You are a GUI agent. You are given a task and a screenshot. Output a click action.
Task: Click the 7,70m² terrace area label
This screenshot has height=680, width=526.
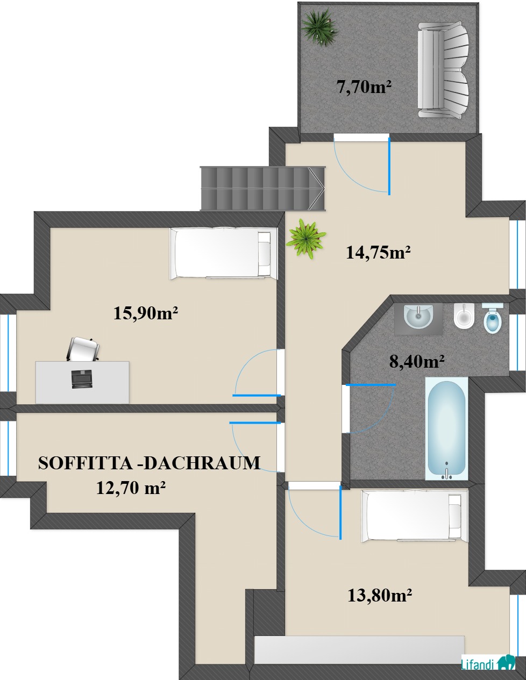click(364, 87)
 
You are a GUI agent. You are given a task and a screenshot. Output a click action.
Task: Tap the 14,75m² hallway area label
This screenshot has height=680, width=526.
click(378, 252)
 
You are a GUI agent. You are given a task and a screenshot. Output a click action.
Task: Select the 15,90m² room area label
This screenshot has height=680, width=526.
click(146, 313)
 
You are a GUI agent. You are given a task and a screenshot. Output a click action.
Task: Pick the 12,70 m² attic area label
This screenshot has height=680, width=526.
click(131, 487)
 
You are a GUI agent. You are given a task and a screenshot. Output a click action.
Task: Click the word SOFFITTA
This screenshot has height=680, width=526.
click(85, 463)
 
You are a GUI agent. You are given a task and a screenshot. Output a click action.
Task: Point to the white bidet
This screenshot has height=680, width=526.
click(464, 316)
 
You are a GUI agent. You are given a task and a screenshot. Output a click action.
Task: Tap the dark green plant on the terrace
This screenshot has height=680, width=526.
click(319, 27)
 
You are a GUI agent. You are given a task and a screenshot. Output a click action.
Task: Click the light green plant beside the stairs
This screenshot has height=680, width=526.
click(306, 239)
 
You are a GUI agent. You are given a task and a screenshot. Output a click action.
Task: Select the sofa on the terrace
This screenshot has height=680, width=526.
click(444, 70)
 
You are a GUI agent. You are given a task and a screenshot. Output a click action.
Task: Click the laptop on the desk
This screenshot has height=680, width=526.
click(81, 379)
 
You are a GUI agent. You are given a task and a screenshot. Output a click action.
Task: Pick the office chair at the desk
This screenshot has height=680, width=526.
click(83, 349)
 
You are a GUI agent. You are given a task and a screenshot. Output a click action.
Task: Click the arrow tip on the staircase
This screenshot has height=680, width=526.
click(324, 189)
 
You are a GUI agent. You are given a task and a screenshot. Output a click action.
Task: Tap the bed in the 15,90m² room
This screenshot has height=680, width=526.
click(224, 254)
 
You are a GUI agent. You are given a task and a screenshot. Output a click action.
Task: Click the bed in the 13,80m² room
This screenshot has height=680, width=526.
click(415, 516)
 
